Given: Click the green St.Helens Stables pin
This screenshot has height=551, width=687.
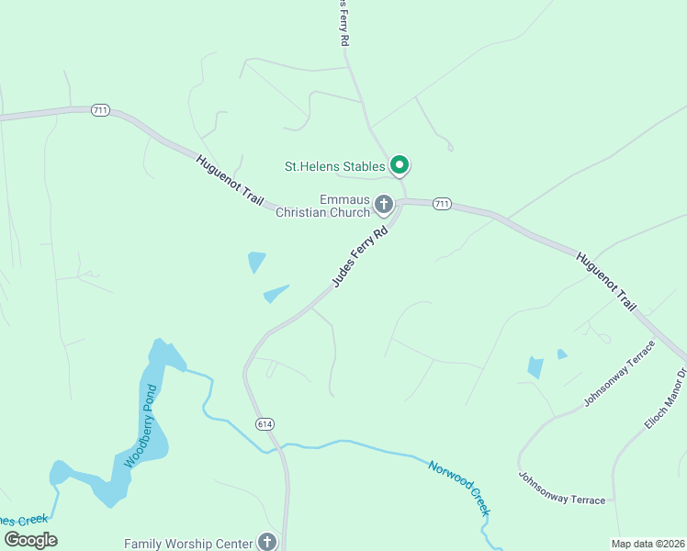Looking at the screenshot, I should click(400, 165).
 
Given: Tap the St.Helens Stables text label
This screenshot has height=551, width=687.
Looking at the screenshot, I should click(334, 166).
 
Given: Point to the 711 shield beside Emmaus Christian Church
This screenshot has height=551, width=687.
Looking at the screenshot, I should click(443, 204).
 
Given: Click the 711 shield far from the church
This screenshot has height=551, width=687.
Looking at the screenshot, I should click(100, 110).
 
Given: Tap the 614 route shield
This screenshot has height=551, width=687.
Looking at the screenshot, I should click(265, 423).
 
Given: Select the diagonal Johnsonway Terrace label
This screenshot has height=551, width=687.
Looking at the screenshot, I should click(620, 375).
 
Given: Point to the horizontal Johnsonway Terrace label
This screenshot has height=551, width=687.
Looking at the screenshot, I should click(562, 488).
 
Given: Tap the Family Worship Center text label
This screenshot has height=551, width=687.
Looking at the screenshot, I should click(188, 544).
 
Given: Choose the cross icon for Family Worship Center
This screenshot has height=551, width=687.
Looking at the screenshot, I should click(267, 542).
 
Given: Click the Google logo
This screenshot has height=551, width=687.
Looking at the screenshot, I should click(30, 540).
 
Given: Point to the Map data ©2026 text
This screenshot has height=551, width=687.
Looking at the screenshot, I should click(648, 543).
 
